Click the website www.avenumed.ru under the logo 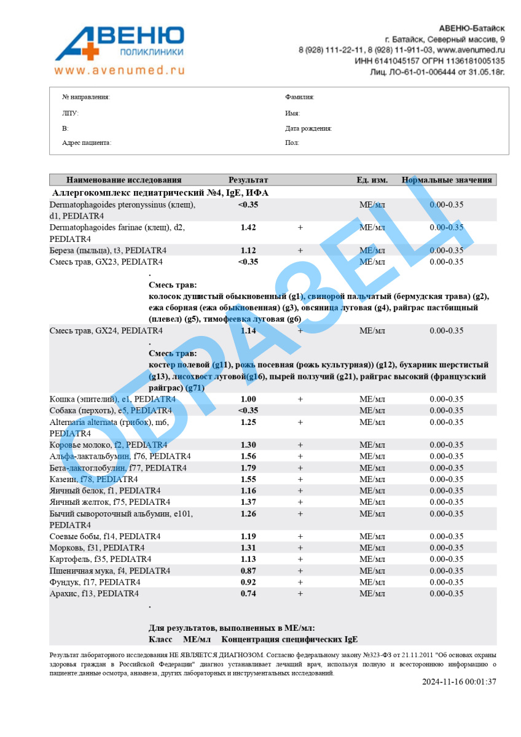(119, 71)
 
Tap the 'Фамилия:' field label (300, 97)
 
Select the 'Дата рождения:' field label (308, 129)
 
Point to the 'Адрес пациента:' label (87, 143)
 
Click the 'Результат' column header (248, 180)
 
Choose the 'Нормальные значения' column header (447, 180)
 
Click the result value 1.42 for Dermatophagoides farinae (248, 227)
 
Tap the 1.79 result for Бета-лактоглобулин (248, 468)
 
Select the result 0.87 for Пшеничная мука (248, 571)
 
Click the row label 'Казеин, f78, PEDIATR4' (93, 480)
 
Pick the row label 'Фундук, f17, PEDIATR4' (95, 582)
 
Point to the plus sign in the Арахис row (300, 594)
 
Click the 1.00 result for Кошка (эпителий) (248, 399)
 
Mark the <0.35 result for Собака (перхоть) (248, 411)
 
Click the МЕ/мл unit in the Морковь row (372, 548)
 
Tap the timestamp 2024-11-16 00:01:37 (459, 682)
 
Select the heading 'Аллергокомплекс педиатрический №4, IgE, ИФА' (160, 193)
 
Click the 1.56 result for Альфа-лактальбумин (248, 456)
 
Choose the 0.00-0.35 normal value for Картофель (447, 560)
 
